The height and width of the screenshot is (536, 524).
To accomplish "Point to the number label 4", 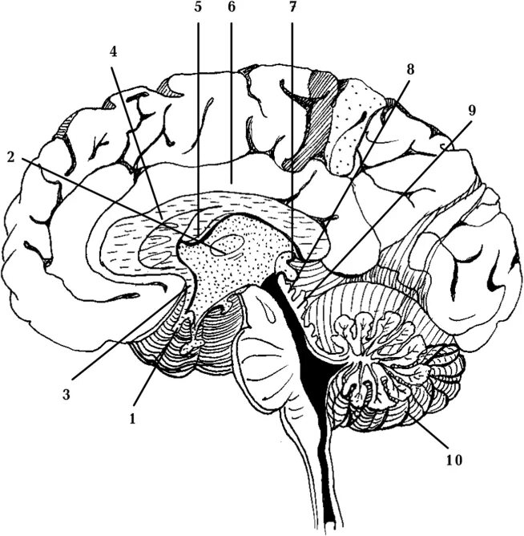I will [x=114, y=50].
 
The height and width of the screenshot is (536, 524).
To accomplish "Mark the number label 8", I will [x=409, y=69].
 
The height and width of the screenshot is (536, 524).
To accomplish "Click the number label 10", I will [x=453, y=461].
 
